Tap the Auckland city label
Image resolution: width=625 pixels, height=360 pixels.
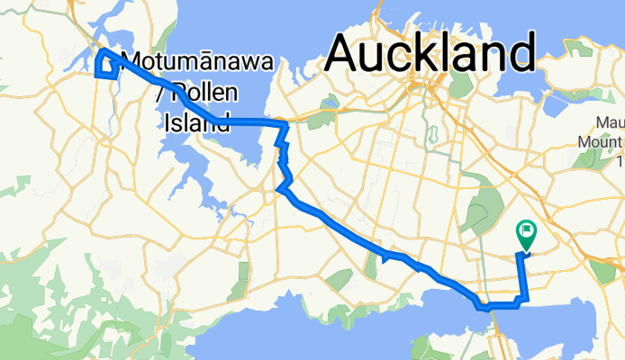coord(432,53)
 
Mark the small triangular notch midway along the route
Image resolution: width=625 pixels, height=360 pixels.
coord(386,256)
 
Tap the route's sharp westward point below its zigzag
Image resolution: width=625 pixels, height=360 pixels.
coord(280,189)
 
